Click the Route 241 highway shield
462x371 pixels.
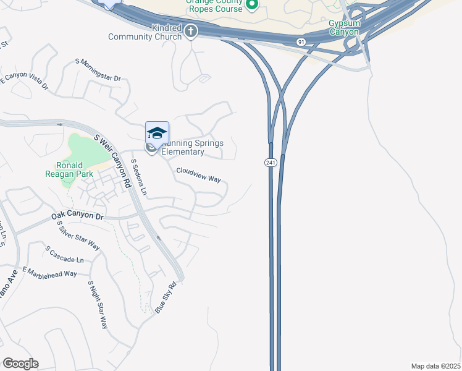270,162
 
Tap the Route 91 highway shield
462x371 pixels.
301,41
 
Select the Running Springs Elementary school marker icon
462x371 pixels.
157,133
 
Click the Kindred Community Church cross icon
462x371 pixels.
191,30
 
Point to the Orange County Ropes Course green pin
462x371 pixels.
251,6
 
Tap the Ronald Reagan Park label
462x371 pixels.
74,169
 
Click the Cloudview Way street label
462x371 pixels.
198,174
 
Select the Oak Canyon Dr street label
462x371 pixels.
77,216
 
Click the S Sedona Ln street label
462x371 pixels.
139,177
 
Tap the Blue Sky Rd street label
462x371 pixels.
166,297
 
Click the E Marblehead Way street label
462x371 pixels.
49,273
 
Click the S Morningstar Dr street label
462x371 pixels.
98,70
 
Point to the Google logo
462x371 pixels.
20,364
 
